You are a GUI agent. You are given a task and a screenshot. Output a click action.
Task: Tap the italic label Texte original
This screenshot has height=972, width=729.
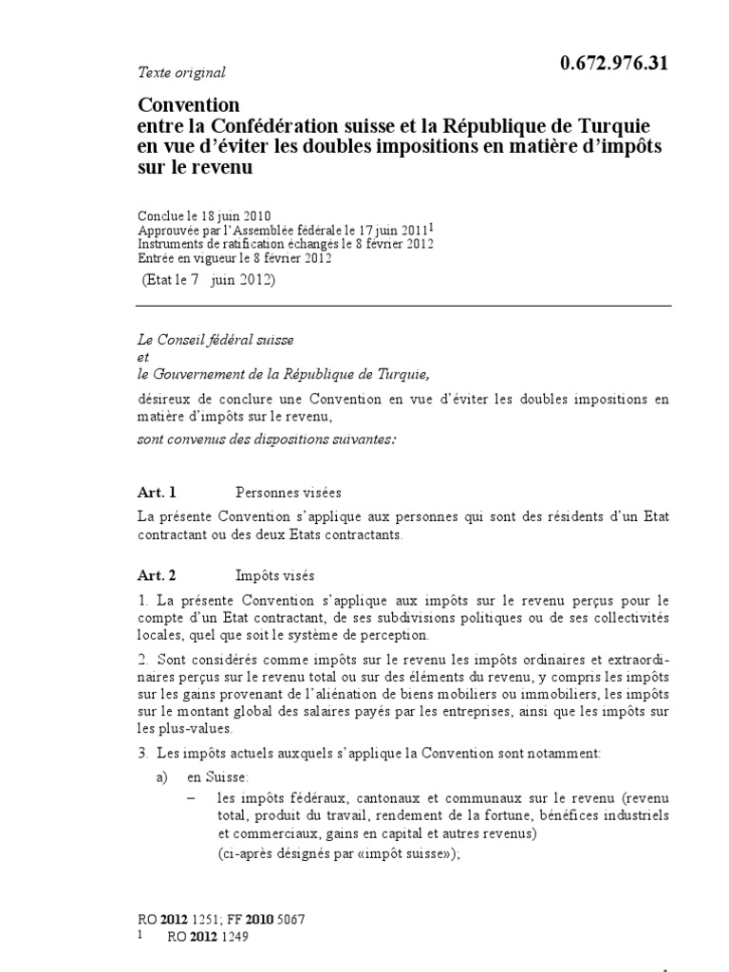[x=181, y=72]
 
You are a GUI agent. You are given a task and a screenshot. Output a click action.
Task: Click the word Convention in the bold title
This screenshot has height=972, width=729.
[x=189, y=104]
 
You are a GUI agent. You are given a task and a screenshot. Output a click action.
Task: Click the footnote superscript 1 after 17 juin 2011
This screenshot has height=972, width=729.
[x=433, y=225]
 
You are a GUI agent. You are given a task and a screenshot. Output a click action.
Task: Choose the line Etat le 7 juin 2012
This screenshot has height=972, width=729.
[x=208, y=281]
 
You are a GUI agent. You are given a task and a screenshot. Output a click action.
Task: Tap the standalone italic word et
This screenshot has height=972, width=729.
[x=143, y=356]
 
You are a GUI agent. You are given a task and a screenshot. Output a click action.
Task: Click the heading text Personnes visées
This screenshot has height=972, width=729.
[x=288, y=492]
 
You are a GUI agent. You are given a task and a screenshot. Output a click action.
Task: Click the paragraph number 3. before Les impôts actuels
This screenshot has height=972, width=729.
[x=142, y=753]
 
